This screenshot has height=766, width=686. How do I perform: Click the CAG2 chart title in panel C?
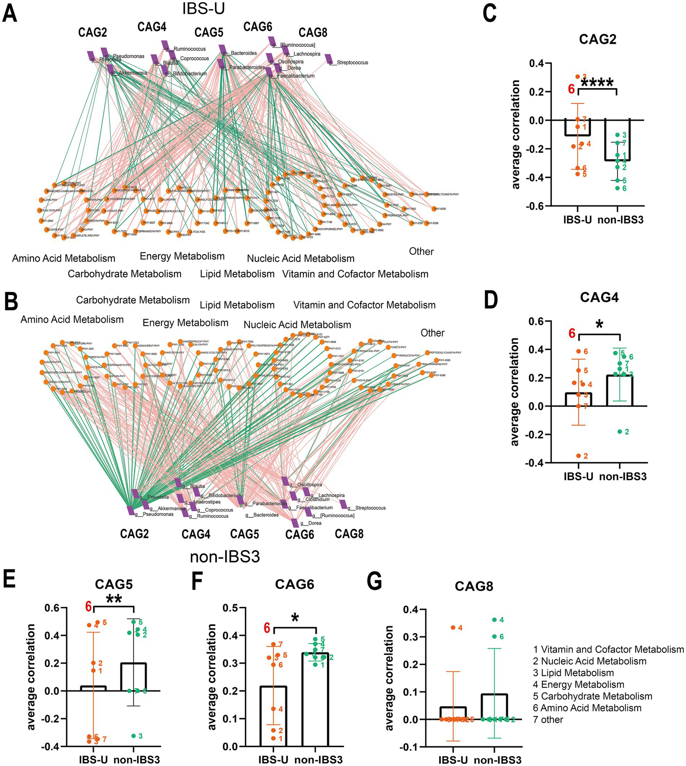598,39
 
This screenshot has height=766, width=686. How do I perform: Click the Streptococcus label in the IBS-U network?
352,63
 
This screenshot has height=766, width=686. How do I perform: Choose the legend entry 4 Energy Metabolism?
578,685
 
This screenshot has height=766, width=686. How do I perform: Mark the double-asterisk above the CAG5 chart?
114,600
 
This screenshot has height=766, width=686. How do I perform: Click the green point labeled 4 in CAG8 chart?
494,620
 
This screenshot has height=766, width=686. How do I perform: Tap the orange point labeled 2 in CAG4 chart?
578,456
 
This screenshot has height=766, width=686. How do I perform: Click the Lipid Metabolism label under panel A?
237,274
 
